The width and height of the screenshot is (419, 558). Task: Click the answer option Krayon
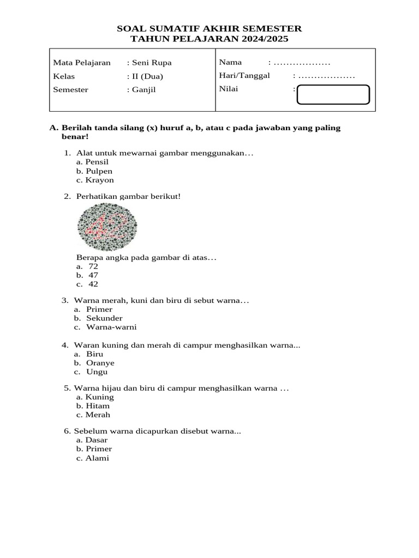click(99, 180)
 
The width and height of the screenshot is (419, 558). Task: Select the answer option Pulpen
click(99, 171)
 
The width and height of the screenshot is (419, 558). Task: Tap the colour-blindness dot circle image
click(107, 226)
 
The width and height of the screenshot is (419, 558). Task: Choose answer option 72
click(93, 266)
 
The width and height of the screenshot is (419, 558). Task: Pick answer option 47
click(93, 275)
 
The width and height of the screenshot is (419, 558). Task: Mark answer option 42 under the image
click(93, 284)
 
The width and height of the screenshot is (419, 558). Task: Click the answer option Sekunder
click(104, 318)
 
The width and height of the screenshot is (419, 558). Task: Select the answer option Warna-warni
click(111, 327)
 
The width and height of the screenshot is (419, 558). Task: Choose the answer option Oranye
click(100, 363)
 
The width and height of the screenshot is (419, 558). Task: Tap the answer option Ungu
click(97, 372)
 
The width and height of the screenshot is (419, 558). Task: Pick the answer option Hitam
click(98, 405)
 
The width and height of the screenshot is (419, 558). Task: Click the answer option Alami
click(97, 458)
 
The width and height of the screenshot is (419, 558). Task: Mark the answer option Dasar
click(97, 440)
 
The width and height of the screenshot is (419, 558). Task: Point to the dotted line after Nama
click(303, 63)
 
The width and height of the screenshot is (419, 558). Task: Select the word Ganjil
click(143, 89)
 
